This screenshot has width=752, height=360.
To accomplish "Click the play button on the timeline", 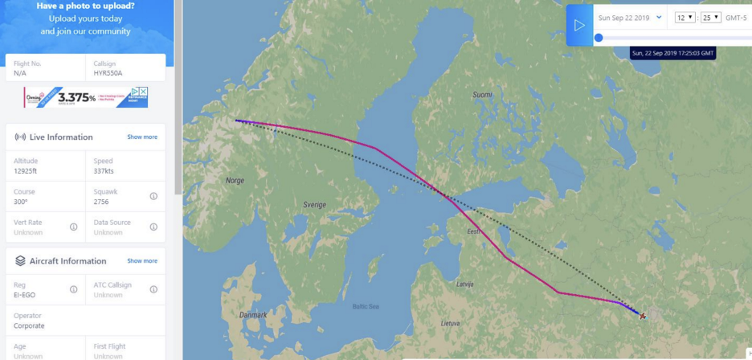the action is click(x=579, y=25).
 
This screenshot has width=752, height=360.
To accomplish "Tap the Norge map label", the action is click(x=235, y=181).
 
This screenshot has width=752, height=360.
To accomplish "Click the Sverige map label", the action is click(x=315, y=205).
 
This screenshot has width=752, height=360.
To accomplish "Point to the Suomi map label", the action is click(x=482, y=95).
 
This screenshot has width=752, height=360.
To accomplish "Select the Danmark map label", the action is click(x=253, y=314).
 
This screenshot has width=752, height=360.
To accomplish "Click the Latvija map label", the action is click(x=465, y=284).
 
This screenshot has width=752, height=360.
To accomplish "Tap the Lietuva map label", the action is click(x=451, y=324).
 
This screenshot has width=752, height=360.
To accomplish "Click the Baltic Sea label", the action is click(x=366, y=306).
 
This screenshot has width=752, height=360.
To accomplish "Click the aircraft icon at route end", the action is click(x=643, y=316).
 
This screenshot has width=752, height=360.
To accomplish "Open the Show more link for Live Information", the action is click(x=142, y=137).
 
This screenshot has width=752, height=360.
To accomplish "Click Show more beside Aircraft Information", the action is click(x=142, y=261).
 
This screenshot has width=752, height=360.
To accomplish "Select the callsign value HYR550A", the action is click(x=108, y=73).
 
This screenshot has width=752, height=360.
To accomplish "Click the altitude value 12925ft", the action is click(x=31, y=171).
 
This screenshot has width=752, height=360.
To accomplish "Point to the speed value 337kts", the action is click(x=104, y=171).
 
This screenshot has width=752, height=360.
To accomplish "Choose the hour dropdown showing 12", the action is click(x=685, y=18).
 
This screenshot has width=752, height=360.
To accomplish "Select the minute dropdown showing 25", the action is click(x=710, y=18).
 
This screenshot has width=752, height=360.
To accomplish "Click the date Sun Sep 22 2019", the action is click(x=624, y=18).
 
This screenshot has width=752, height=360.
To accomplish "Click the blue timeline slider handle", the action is click(x=599, y=38).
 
